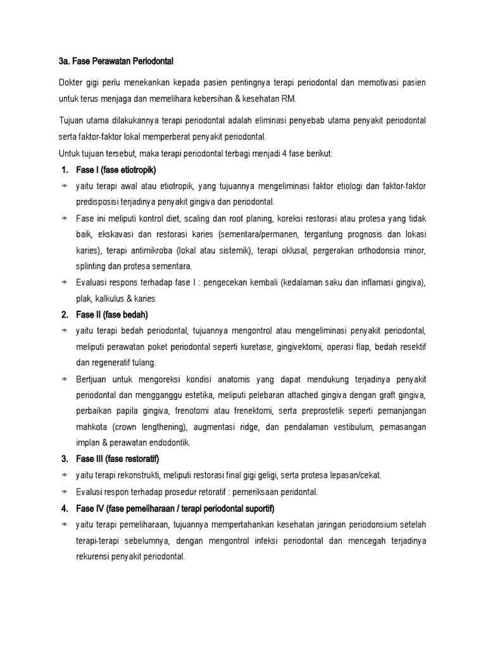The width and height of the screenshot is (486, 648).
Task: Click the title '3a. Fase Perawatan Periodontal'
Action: click(x=115, y=61)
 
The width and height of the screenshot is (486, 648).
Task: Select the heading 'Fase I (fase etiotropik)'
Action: click(x=115, y=170)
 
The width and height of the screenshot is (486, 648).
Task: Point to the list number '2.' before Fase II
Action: click(x=65, y=315)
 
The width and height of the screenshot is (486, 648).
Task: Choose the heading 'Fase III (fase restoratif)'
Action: click(x=119, y=459)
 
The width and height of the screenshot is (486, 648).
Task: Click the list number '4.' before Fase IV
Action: click(x=65, y=508)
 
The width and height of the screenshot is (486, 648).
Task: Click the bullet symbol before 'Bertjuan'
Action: click(x=64, y=379)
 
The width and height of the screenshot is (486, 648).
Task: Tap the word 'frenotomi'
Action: click(x=214, y=411)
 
